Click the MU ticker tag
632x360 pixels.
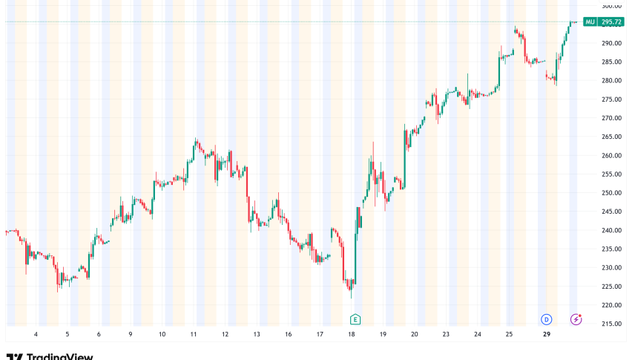click(590, 22)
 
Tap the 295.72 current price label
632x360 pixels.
click(612, 22)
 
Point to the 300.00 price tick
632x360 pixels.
click(612, 6)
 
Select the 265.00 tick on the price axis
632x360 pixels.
click(612, 137)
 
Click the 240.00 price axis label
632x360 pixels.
click(612, 230)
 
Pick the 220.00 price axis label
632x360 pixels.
click(612, 305)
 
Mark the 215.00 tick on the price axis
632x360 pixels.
click(612, 324)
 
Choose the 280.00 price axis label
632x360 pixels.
click(612, 80)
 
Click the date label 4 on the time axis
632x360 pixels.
click(36, 334)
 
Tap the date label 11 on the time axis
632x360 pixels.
click(194, 334)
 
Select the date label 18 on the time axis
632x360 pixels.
click(352, 334)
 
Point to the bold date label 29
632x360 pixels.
click(546, 334)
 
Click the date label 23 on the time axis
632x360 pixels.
click(446, 334)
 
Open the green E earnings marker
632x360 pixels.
click(355, 319)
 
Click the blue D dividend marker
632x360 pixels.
click(546, 319)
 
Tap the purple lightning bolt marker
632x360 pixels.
click(576, 319)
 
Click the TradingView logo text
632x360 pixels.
click(59, 356)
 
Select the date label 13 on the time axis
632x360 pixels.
click(257, 334)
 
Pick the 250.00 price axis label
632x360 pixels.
click(612, 193)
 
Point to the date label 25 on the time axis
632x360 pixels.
click(509, 334)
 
